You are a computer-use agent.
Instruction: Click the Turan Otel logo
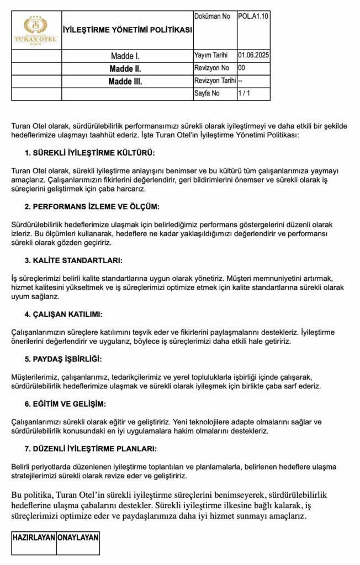tap(36, 30)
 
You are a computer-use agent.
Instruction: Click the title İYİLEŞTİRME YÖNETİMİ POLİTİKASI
tap(128, 30)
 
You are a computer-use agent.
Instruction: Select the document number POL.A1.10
tap(253, 17)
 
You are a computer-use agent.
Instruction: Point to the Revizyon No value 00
tap(241, 68)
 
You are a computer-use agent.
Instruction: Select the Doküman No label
tap(213, 17)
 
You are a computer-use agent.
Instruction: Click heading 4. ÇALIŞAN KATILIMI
tap(63, 314)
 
